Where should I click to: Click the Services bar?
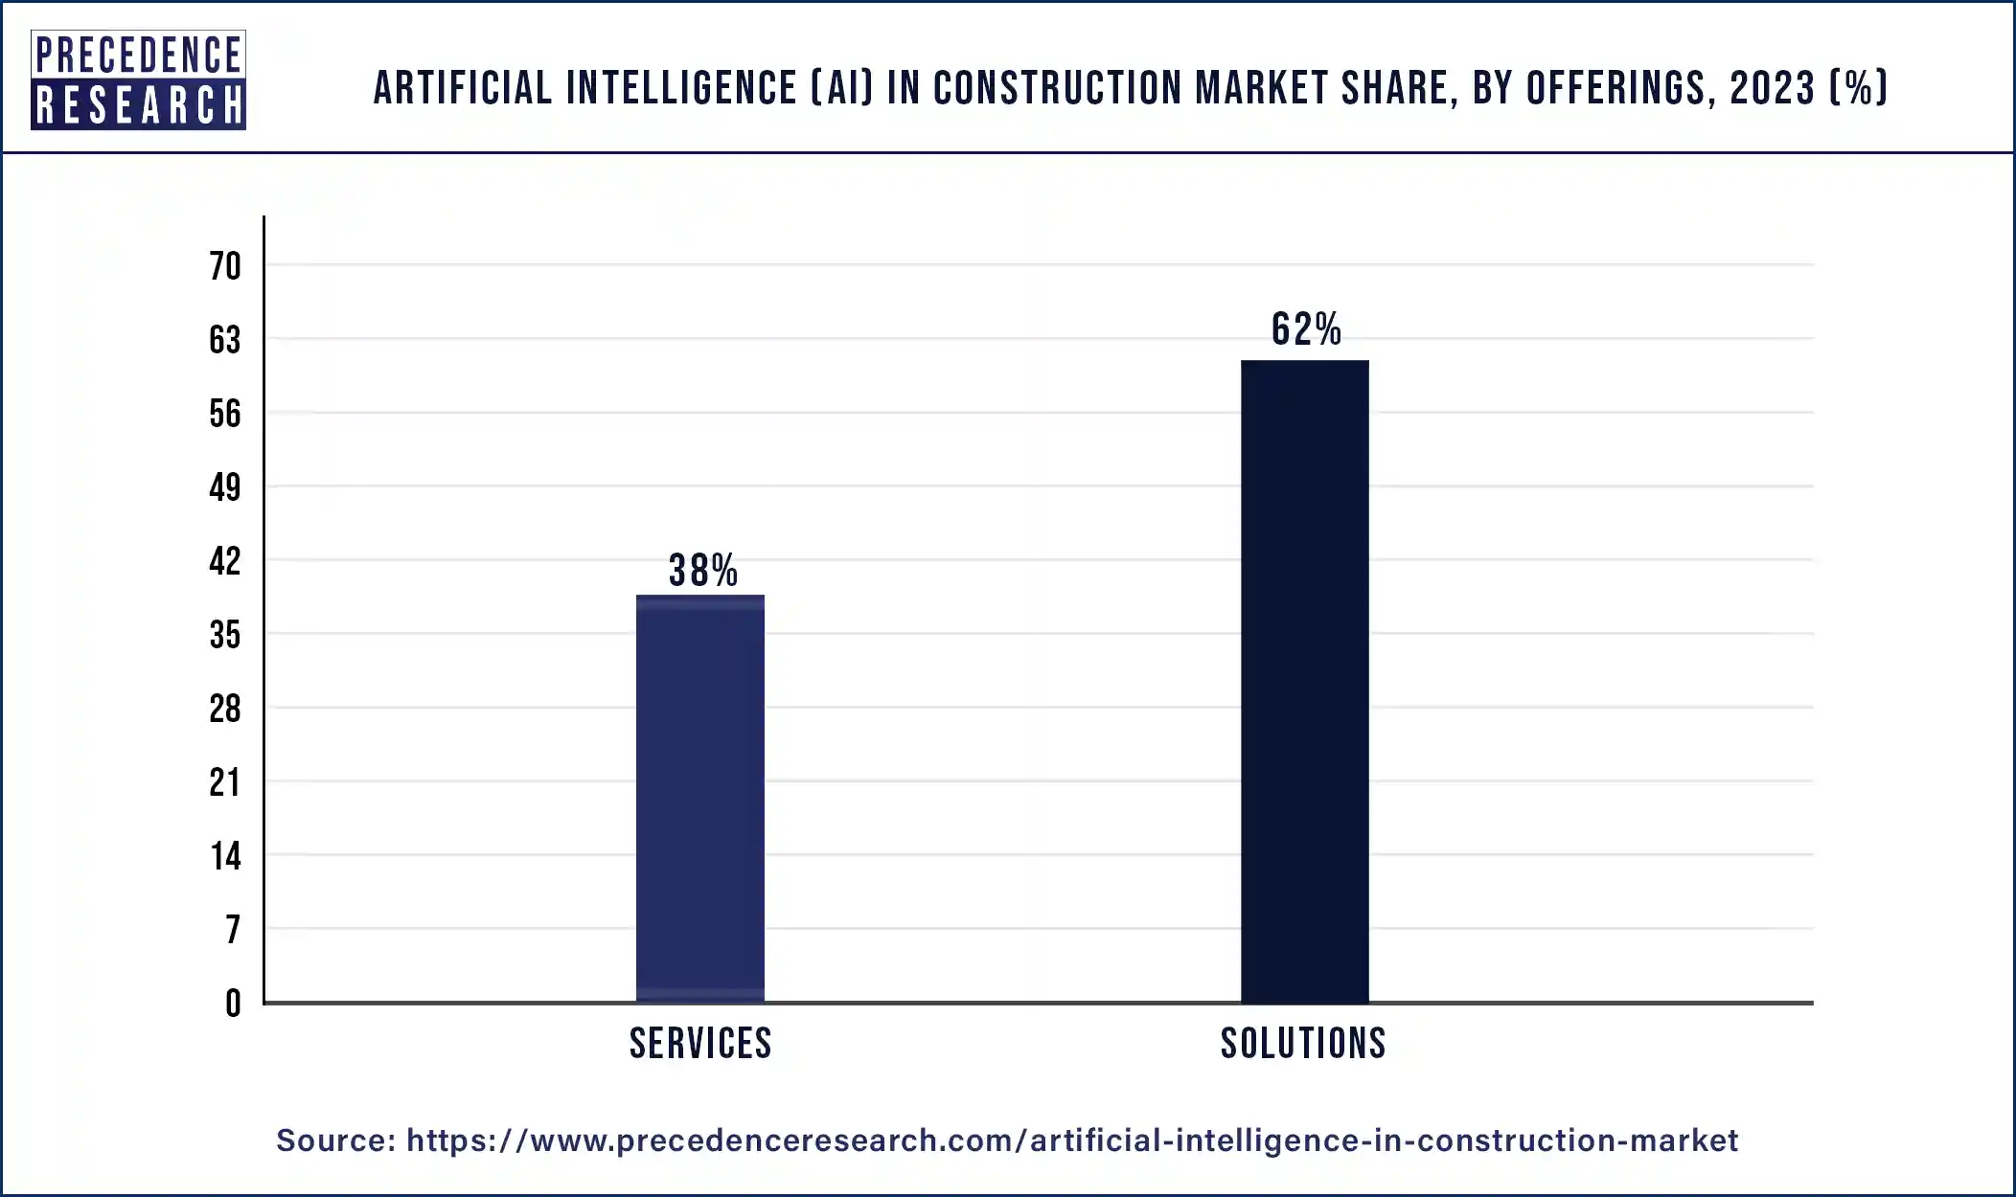click(x=700, y=800)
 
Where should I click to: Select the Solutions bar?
click(x=1304, y=682)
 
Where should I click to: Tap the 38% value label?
click(x=702, y=571)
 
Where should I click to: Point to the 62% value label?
click(x=1306, y=329)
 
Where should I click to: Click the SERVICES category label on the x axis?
click(x=700, y=1043)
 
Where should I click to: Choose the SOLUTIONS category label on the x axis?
click(x=1303, y=1043)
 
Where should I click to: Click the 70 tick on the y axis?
click(x=225, y=266)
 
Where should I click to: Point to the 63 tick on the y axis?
click(x=225, y=340)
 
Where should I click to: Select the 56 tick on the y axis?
click(x=225, y=414)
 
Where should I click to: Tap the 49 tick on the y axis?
click(x=225, y=487)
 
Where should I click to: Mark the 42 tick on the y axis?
click(x=225, y=561)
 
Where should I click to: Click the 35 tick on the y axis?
click(x=225, y=635)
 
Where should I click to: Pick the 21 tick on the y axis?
click(x=225, y=782)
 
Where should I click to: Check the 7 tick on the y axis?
click(x=233, y=930)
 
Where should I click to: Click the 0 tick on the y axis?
click(x=233, y=1004)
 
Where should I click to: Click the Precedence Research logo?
click(x=138, y=79)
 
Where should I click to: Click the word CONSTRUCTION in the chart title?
click(x=1058, y=88)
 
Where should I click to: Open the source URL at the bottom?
click(x=1071, y=1141)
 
